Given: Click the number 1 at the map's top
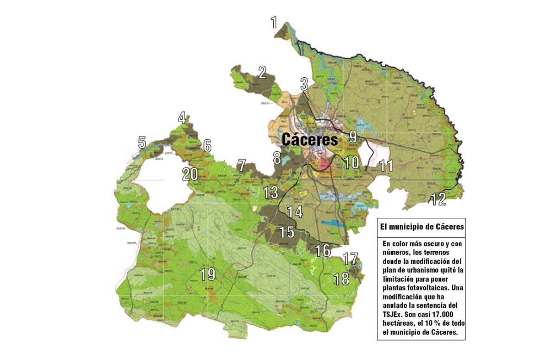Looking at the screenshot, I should coord(274,22).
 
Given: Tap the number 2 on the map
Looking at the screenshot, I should coord(263,73).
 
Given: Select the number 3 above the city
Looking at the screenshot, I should coord(304,84).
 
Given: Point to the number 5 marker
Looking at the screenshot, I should coord(142,143).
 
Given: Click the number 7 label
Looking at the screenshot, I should coord(241,165).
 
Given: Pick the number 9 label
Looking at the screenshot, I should coord(353,137).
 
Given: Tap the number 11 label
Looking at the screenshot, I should coord(386,166).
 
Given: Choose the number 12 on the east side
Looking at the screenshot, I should coord(438,199).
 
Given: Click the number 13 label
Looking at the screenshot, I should coord(271,192).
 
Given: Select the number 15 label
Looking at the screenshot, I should coord(287,232).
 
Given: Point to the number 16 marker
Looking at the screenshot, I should coord(323,251).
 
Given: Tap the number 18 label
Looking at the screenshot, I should coord(341,279).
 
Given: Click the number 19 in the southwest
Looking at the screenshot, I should coord(208,274).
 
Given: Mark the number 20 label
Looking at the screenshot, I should coord(190,174).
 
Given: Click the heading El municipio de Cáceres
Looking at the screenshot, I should coord(421,227).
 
